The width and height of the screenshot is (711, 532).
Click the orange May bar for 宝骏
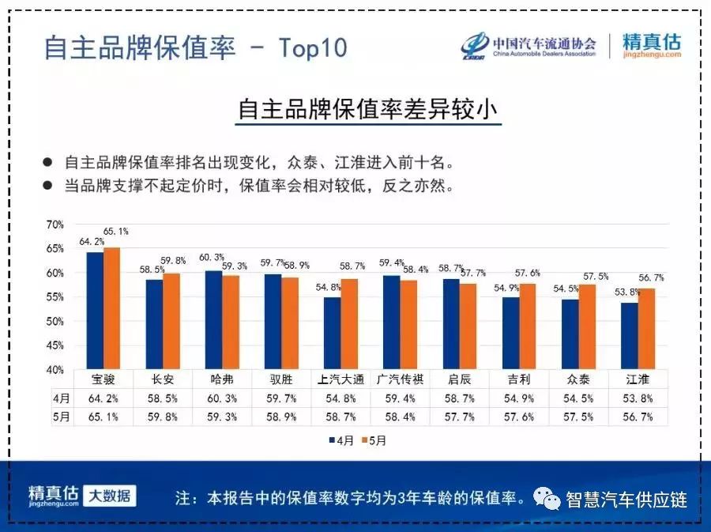[112, 308]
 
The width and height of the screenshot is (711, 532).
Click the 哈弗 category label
[222, 379]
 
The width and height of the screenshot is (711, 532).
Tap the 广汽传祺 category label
[401, 379]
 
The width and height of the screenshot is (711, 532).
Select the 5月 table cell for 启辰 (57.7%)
[460, 417]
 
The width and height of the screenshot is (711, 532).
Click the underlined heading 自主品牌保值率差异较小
[369, 109]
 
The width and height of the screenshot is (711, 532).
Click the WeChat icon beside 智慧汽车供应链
[546, 498]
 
